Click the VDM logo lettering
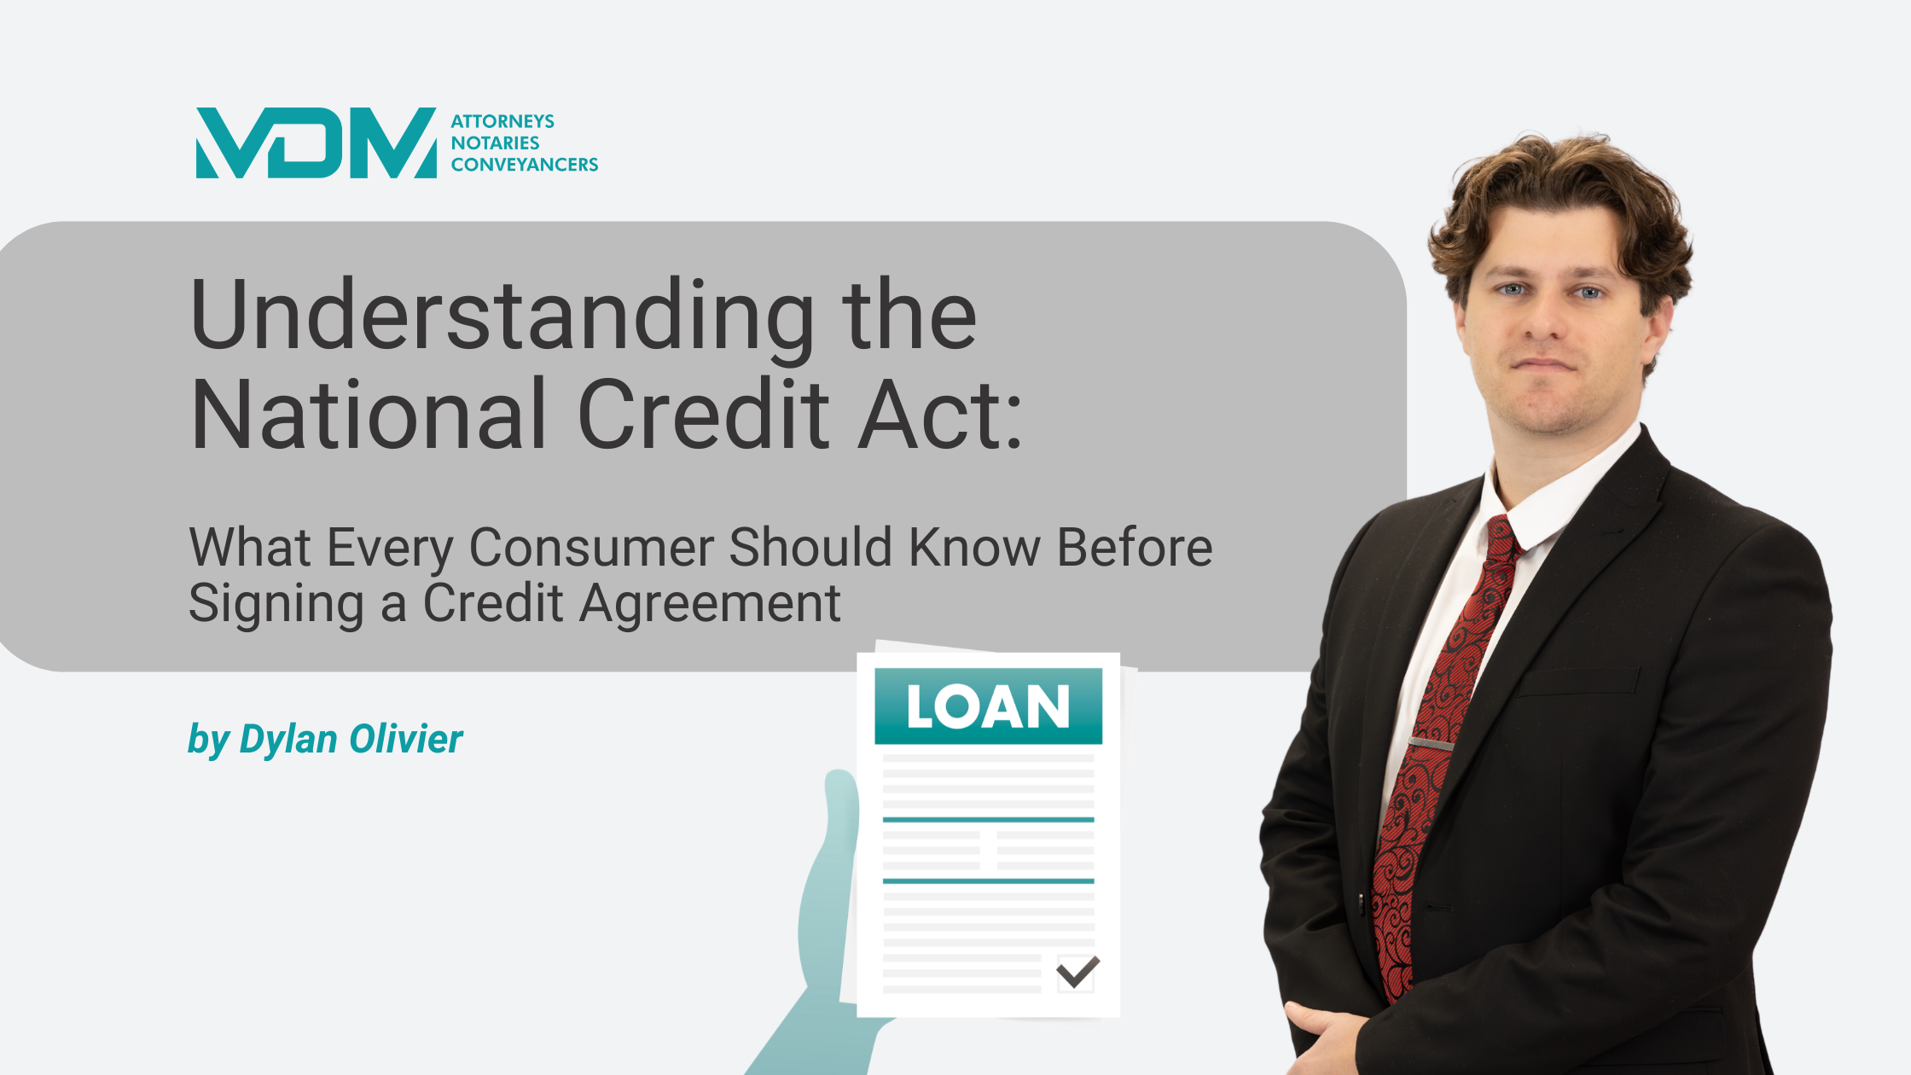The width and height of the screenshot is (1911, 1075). point(316,142)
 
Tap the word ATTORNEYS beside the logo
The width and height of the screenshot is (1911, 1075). point(502,121)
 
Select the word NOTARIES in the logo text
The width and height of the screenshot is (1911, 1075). point(495,142)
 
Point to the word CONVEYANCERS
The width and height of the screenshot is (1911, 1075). point(525,164)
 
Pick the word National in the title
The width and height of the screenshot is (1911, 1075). point(368,415)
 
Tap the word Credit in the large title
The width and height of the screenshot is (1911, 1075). point(704,415)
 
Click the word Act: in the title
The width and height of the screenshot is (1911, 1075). point(939,415)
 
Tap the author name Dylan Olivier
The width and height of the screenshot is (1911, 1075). point(351,739)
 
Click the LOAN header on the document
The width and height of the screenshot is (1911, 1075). point(988,706)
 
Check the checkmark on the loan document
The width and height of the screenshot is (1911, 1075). point(1077,971)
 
